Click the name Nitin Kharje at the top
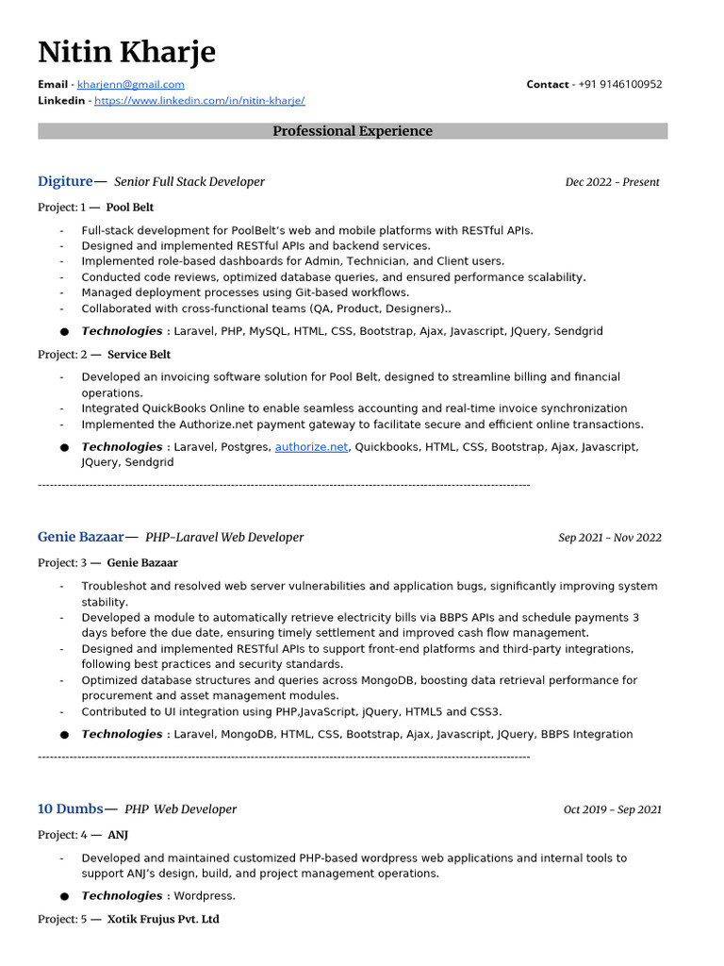(126, 52)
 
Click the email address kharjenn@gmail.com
(130, 84)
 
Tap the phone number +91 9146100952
(620, 84)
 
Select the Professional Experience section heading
(353, 131)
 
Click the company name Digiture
(65, 181)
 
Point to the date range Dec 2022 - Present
(612, 182)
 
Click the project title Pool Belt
(129, 207)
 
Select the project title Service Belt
(139, 354)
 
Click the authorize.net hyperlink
(311, 447)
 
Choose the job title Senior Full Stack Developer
(189, 182)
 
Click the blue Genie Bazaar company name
(80, 537)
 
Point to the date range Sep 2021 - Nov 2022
(609, 538)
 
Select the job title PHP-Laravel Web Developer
(224, 538)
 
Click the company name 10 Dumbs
(70, 808)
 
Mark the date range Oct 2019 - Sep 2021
(612, 809)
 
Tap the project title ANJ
(118, 835)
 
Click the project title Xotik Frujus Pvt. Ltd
(162, 919)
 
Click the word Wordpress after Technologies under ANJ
(204, 896)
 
